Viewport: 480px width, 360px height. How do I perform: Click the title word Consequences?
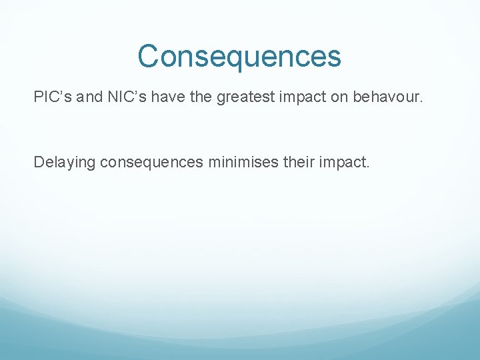coord(239,57)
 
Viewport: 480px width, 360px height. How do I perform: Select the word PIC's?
coord(53,97)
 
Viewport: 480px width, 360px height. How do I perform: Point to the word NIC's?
coord(120,97)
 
